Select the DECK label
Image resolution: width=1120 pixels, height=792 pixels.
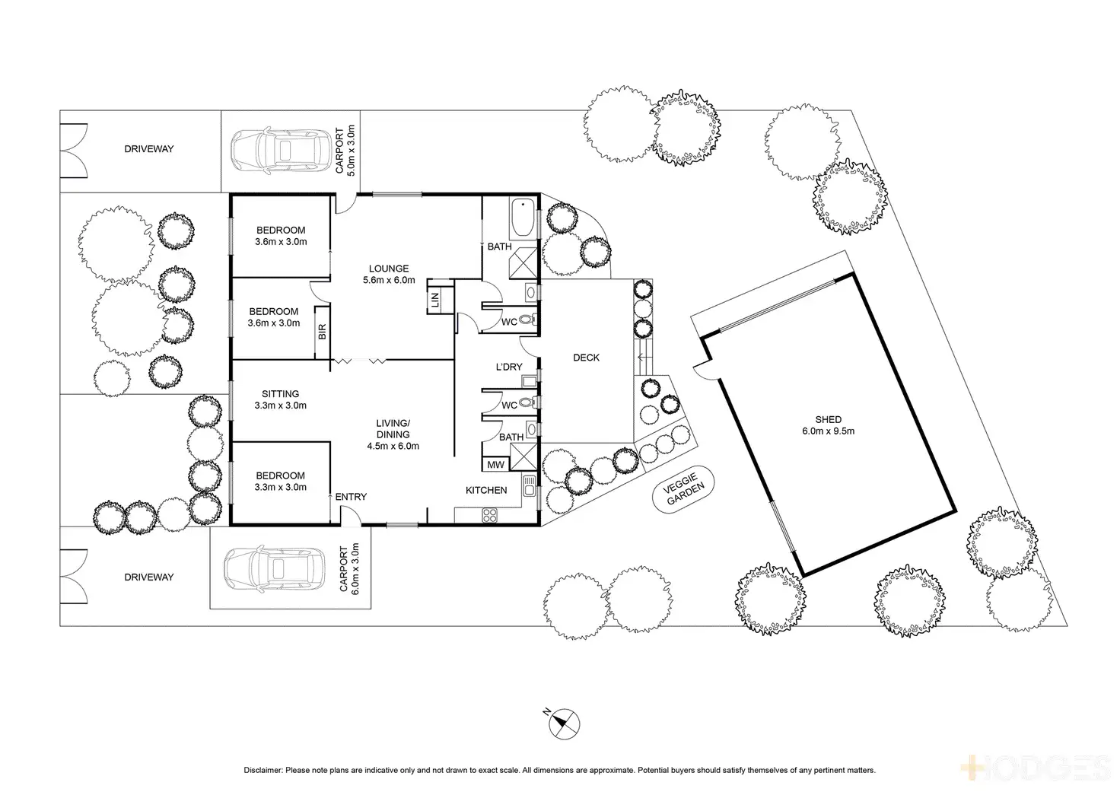586,358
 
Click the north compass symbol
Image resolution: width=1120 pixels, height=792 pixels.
564,723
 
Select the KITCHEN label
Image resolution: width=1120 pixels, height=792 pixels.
486,490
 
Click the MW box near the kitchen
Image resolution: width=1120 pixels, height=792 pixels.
495,465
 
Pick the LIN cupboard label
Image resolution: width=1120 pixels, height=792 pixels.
434,299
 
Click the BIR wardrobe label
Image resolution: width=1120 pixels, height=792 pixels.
322,332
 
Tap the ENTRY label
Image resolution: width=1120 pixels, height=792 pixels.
351,497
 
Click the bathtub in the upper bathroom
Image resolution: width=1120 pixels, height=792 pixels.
523,218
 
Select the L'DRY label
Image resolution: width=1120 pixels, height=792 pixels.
509,367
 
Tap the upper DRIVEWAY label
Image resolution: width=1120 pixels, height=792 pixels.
149,149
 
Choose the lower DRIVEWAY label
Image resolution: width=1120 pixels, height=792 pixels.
149,577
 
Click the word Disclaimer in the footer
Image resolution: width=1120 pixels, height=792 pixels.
263,770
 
